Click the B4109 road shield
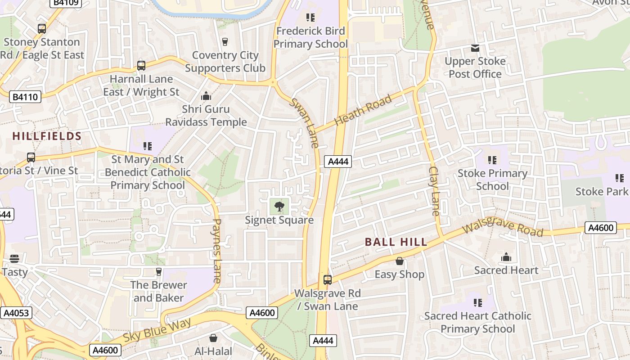point(66,3)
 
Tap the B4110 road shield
point(25,97)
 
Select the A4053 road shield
point(14,313)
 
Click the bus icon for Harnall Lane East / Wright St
point(141,66)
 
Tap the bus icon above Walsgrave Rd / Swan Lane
point(328,279)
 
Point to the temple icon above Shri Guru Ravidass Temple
point(206,96)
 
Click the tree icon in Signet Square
point(279,207)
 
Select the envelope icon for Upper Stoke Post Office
point(475,48)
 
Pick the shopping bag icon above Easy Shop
point(399,261)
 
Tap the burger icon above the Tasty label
point(14,259)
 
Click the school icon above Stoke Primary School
point(492,160)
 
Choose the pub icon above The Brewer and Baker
point(158,271)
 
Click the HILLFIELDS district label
point(47,136)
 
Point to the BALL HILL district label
point(396,242)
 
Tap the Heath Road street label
point(363,111)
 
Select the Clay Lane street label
point(434,191)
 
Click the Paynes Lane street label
point(217,251)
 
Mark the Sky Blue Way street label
point(157,330)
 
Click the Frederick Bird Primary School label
point(310,37)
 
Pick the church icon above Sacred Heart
point(506,257)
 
